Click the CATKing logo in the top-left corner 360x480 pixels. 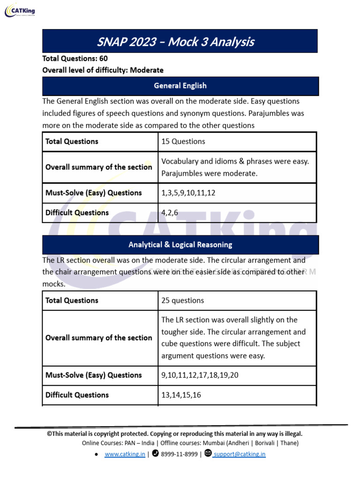pos(20,11)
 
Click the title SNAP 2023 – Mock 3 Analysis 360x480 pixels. pos(175,42)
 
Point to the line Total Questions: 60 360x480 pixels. pos(75,59)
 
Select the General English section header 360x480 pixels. pos(180,86)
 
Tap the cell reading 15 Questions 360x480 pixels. pos(183,142)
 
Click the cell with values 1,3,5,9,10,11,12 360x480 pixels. pos(188,193)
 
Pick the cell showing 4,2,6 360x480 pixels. pos(170,213)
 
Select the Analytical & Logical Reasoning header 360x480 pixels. pos(180,245)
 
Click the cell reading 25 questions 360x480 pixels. pos(183,300)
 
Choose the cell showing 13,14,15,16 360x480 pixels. pos(181,395)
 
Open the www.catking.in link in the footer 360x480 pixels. pos(125,454)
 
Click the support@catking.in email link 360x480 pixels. pos(240,454)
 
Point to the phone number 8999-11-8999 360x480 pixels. pos(179,454)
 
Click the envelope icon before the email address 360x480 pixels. pos(209,453)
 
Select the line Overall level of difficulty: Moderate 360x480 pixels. pos(103,70)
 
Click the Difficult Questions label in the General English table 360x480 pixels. pos(77,213)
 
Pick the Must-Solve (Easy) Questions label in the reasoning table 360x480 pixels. pos(93,375)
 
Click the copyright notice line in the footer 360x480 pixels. pos(174,434)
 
